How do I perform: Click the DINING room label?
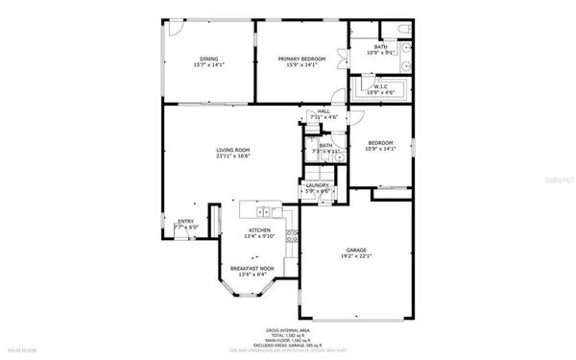click(208, 59)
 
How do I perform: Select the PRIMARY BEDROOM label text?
click(301, 59)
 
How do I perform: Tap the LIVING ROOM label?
click(231, 149)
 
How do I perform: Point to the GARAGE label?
click(356, 251)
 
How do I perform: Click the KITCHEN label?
click(259, 230)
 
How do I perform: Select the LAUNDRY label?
click(318, 185)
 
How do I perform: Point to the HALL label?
click(324, 111)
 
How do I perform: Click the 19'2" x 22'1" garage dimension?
click(356, 257)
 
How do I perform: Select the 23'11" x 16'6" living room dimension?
click(231, 156)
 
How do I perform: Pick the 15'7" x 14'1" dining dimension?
click(208, 65)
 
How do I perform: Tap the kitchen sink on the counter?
click(259, 209)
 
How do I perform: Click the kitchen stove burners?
click(276, 211)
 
